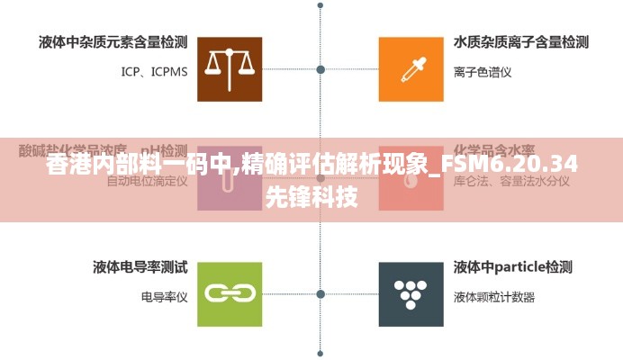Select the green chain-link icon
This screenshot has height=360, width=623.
[229, 293]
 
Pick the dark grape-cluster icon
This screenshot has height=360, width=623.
[411, 293]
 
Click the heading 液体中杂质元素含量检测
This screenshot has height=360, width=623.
[113, 41]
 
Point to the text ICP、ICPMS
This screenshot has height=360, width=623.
[154, 71]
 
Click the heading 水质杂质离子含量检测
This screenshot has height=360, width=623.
[521, 41]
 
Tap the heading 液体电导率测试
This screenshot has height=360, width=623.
[140, 266]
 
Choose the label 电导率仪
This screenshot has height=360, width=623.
[164, 296]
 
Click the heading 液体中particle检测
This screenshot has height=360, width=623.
[512, 266]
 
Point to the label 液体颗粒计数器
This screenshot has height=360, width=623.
[494, 296]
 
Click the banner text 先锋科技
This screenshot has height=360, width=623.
[311, 197]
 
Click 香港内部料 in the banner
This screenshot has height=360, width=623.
[99, 166]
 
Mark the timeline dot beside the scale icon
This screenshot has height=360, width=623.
[321, 68]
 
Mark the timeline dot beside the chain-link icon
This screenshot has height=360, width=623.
[321, 293]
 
